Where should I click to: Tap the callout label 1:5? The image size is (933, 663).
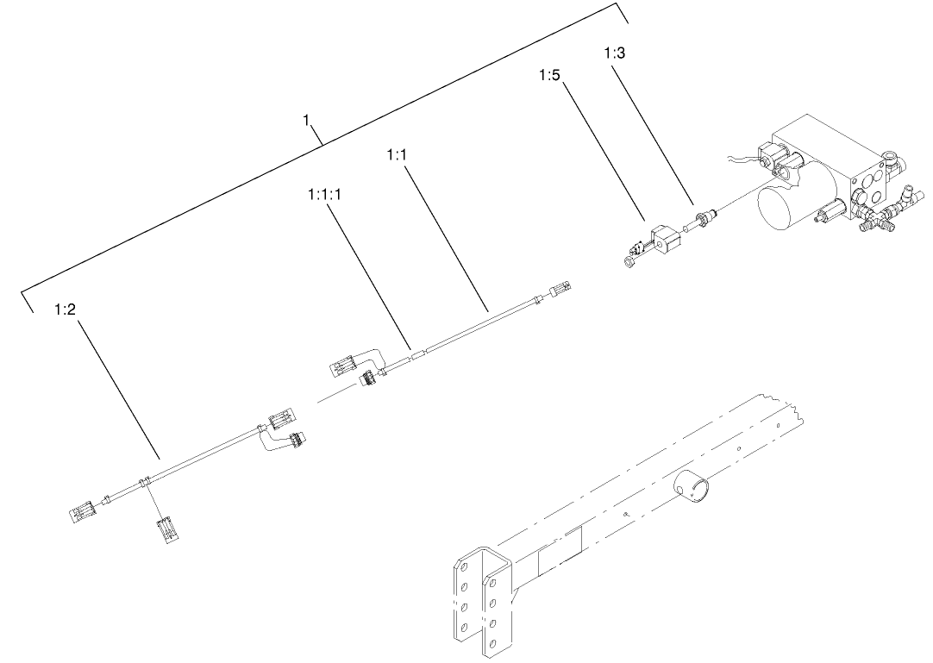549,76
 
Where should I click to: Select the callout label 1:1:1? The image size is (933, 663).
324,196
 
